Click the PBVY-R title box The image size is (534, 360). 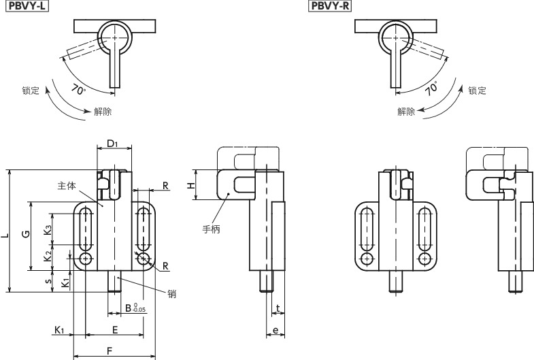click(330, 6)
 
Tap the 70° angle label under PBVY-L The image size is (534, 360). click(79, 90)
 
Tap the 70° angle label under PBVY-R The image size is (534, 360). click(432, 88)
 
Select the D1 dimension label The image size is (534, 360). click(112, 144)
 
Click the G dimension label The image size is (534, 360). click(26, 234)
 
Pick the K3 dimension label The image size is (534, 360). click(48, 230)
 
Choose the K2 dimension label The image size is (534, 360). click(48, 256)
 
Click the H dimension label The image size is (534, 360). click(191, 185)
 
